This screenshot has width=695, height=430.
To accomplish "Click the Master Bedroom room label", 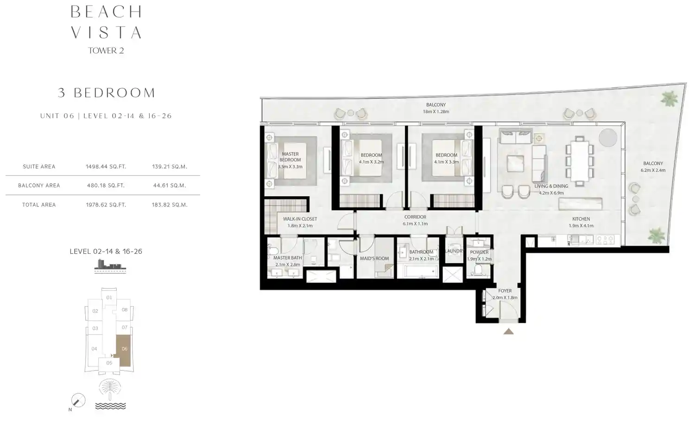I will tap(290, 157).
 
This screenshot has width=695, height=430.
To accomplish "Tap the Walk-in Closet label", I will tap(300, 219).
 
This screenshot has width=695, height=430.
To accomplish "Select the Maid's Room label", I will tap(374, 258).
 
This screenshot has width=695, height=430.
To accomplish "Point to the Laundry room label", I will tap(454, 251).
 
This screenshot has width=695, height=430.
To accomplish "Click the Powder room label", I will tap(479, 252).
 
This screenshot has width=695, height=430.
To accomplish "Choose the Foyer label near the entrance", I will tap(505, 291).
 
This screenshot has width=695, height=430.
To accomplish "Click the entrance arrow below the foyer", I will tap(508, 331).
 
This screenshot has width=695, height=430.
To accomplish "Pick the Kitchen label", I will tap(581, 219).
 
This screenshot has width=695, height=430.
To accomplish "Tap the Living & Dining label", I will tap(551, 186).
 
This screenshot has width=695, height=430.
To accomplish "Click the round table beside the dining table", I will tap(608, 138).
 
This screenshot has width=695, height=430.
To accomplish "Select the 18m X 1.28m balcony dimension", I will tap(436, 112).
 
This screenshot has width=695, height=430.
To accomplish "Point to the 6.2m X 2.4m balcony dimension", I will tap(653, 170).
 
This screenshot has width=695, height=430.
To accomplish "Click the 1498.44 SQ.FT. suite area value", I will tap(106, 167).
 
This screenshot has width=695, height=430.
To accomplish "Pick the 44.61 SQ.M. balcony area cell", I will tap(169, 186).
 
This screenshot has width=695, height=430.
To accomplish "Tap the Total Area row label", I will tap(39, 205).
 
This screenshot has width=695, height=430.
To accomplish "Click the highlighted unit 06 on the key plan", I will tap(124, 349).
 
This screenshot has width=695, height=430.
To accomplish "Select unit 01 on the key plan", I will tap(109, 297).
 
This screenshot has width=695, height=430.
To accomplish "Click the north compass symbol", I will tap(78, 400).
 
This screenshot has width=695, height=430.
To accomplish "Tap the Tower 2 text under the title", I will tap(106, 51).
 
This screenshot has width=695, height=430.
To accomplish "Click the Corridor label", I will tap(415, 217).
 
